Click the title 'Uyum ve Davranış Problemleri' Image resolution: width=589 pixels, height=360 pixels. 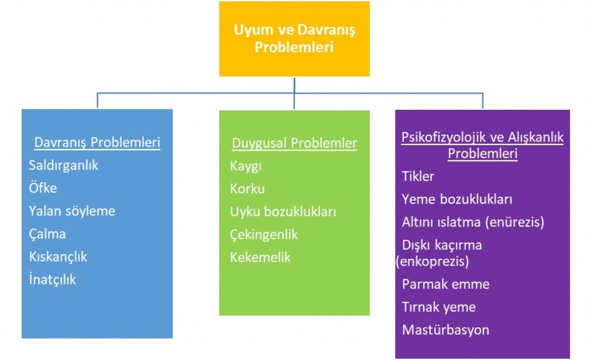pos(294,39)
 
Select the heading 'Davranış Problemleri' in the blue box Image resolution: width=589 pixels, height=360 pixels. pos(97,143)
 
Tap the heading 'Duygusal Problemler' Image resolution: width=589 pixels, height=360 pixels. pos(294,143)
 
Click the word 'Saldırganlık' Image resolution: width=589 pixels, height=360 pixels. pos(63,166)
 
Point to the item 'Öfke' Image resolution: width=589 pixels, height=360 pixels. pos(43,187)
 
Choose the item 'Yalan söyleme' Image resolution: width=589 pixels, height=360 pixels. pos(72,211)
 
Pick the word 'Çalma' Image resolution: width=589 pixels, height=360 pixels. pos(47,234)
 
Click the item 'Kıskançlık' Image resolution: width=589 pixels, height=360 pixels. pos(58,256)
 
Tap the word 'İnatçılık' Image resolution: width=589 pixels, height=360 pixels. pos(52,279)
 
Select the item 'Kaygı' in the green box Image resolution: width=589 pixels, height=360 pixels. pos(246,166)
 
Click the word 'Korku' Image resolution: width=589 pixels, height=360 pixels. pos(247,189)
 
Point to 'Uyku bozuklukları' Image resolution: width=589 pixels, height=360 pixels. pos(283,212)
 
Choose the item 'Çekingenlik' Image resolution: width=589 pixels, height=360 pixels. pos(263,235)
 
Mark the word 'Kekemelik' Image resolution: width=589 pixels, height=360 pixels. pos(261,258)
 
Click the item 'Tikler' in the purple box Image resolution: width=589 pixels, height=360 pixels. pos(418,177)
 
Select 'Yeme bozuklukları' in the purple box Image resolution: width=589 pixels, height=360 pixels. pos(457,199)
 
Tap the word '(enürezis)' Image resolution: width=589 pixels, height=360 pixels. pos(515,222)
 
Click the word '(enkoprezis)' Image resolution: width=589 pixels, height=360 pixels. pos(433,261)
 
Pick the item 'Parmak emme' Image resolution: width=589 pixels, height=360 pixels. pos(446,284)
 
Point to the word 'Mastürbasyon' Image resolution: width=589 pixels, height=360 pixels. pos(446,330)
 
